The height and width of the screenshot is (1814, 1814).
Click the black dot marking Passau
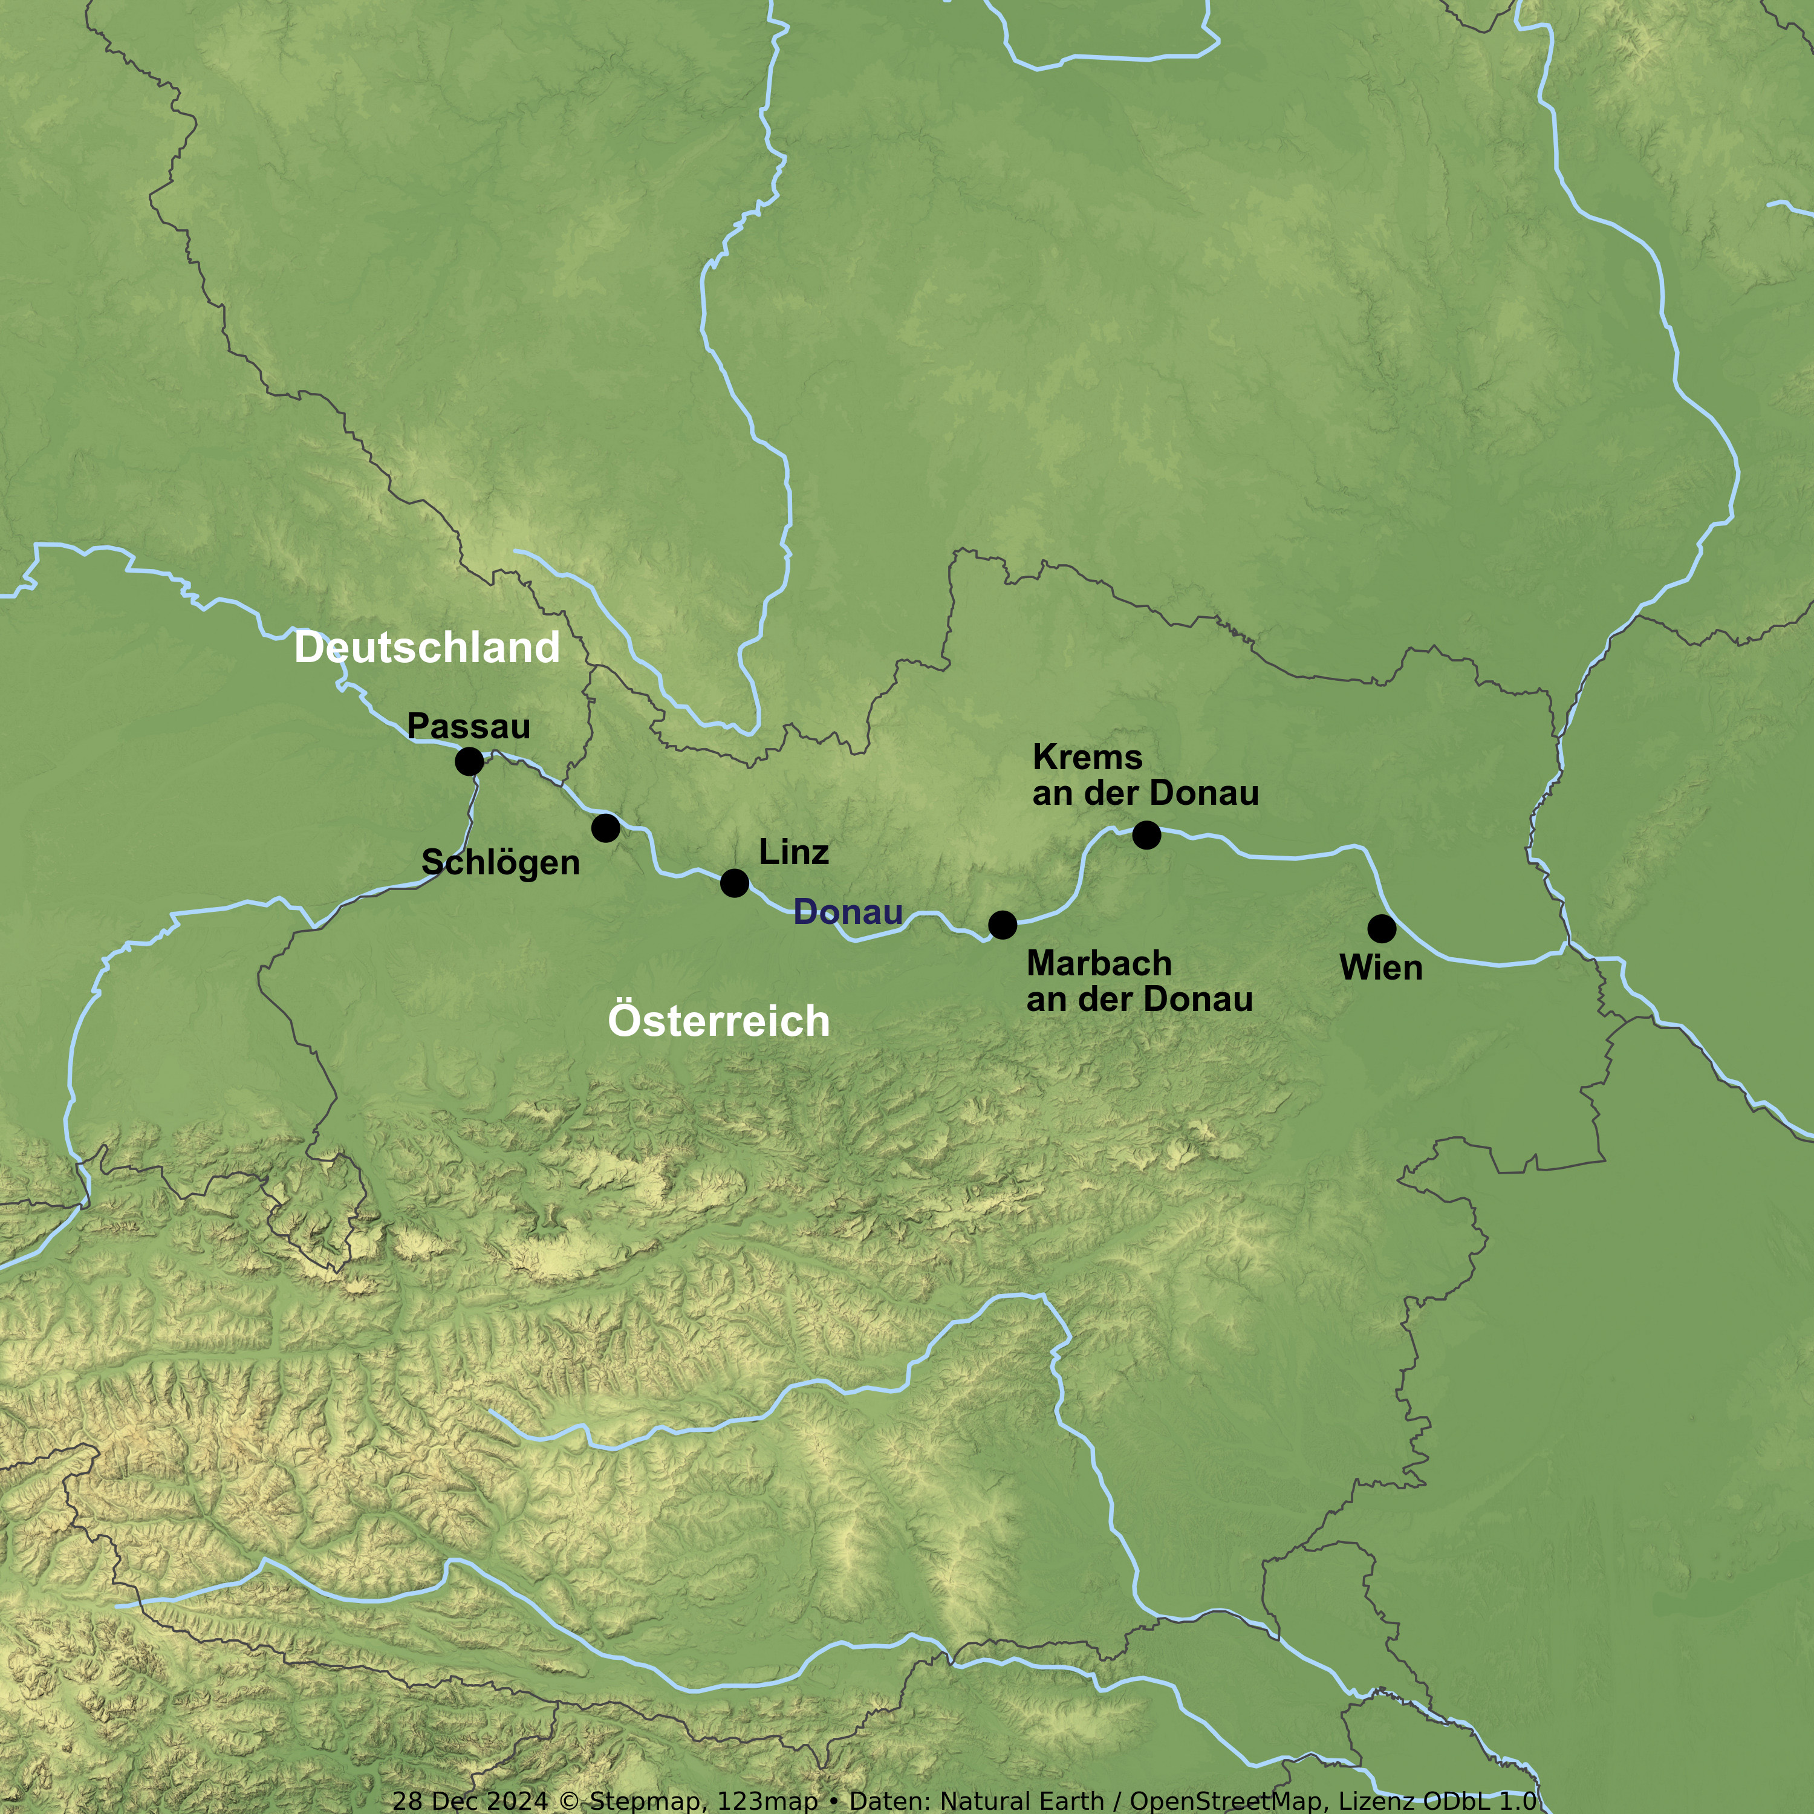click(x=469, y=761)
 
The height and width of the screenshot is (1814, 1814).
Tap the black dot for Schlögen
click(x=606, y=828)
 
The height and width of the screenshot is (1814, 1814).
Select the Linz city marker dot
click(x=734, y=883)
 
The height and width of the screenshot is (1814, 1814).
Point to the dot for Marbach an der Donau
click(x=1003, y=925)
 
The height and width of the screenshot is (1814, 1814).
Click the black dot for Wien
click(x=1381, y=929)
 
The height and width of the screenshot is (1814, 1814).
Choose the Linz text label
click(x=793, y=853)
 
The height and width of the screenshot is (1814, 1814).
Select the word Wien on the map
click(x=1381, y=968)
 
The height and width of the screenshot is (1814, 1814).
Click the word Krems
click(x=1087, y=757)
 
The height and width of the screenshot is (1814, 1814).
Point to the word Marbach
click(x=1099, y=963)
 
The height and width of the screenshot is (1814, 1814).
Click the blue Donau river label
click(x=848, y=912)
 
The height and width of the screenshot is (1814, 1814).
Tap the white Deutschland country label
click(x=427, y=648)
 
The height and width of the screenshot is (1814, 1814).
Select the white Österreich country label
click(x=718, y=1021)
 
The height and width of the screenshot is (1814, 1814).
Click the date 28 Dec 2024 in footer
click(x=469, y=1801)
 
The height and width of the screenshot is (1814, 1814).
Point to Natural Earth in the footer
click(x=1021, y=1801)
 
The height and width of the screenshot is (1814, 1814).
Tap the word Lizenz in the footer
click(x=1377, y=1801)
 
